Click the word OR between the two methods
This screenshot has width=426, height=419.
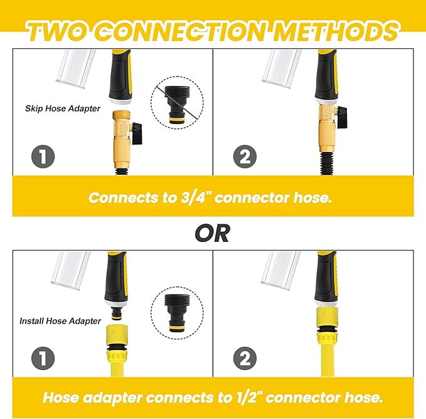213,233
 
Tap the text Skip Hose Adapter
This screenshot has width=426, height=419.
63,109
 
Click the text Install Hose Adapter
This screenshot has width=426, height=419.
60,321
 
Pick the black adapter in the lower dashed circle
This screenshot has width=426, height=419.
177,313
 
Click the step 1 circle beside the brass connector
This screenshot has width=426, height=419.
43,156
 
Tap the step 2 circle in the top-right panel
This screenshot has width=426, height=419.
245,156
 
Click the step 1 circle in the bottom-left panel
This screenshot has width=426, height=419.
43,358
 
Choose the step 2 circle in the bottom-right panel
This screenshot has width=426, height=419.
245,358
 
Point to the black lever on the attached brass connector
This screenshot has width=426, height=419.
342,112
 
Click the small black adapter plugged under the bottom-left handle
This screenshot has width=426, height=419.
117,313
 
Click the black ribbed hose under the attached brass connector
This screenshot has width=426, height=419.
327,163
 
